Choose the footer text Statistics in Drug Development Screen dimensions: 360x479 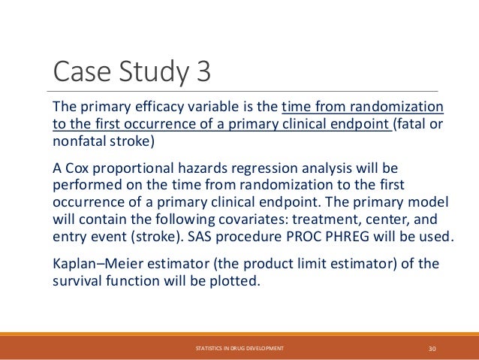[239, 349]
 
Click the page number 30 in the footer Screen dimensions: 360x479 [432, 349]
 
